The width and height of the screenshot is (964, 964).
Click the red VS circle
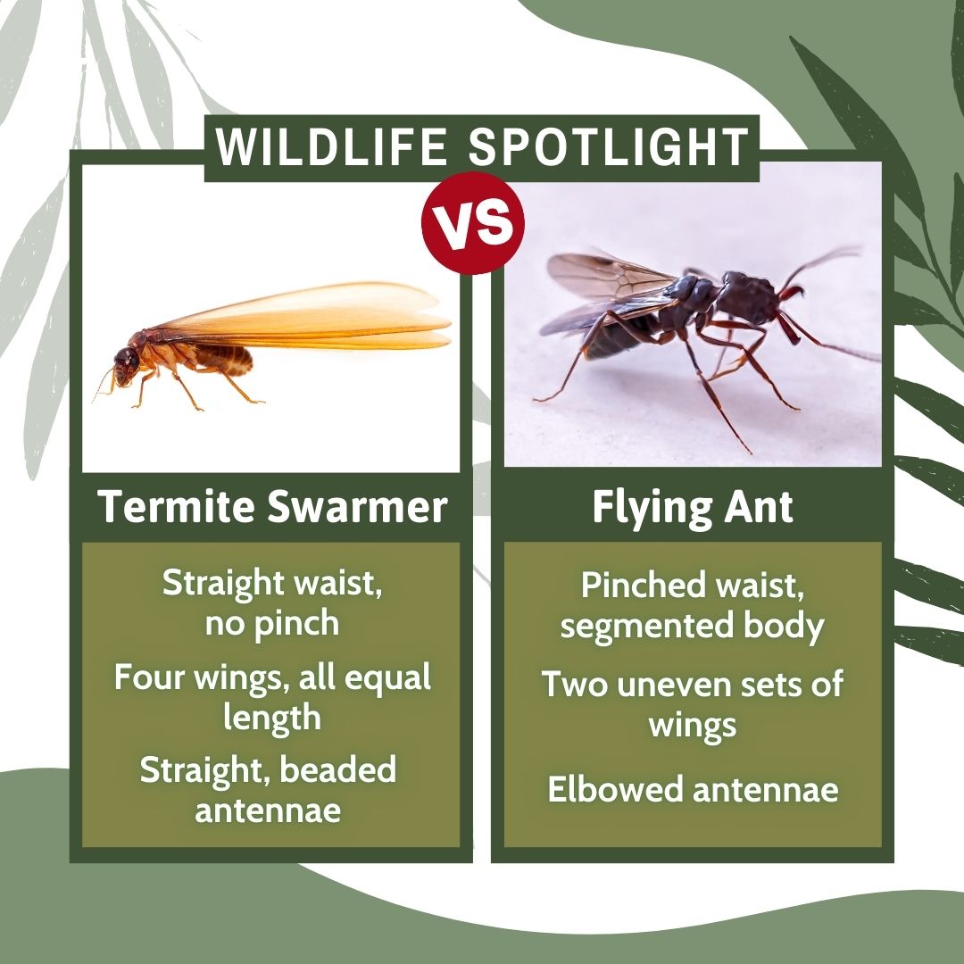473,222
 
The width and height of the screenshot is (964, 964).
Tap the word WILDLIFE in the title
331,147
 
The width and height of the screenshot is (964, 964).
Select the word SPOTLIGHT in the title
609,147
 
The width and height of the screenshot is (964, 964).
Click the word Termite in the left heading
177,507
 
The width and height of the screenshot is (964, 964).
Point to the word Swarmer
358,507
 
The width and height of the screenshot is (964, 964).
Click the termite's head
126,367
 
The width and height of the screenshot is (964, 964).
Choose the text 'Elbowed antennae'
693,789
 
